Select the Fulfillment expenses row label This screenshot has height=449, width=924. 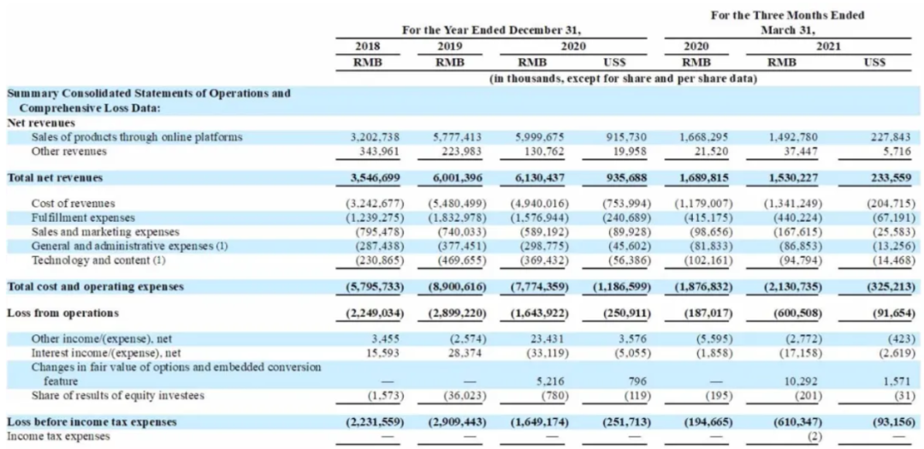pyautogui.click(x=83, y=218)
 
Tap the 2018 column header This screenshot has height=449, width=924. pyautogui.click(x=368, y=46)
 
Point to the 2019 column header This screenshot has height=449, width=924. pyautogui.click(x=450, y=46)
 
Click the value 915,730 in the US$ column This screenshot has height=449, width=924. pyautogui.click(x=627, y=137)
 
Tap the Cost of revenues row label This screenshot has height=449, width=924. pyautogui.click(x=73, y=204)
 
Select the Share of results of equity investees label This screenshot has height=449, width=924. pyautogui.click(x=118, y=395)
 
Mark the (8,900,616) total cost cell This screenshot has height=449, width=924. pyautogui.click(x=457, y=287)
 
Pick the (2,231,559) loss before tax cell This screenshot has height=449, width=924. pyautogui.click(x=374, y=422)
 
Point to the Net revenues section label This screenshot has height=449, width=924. pyautogui.click(x=41, y=123)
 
